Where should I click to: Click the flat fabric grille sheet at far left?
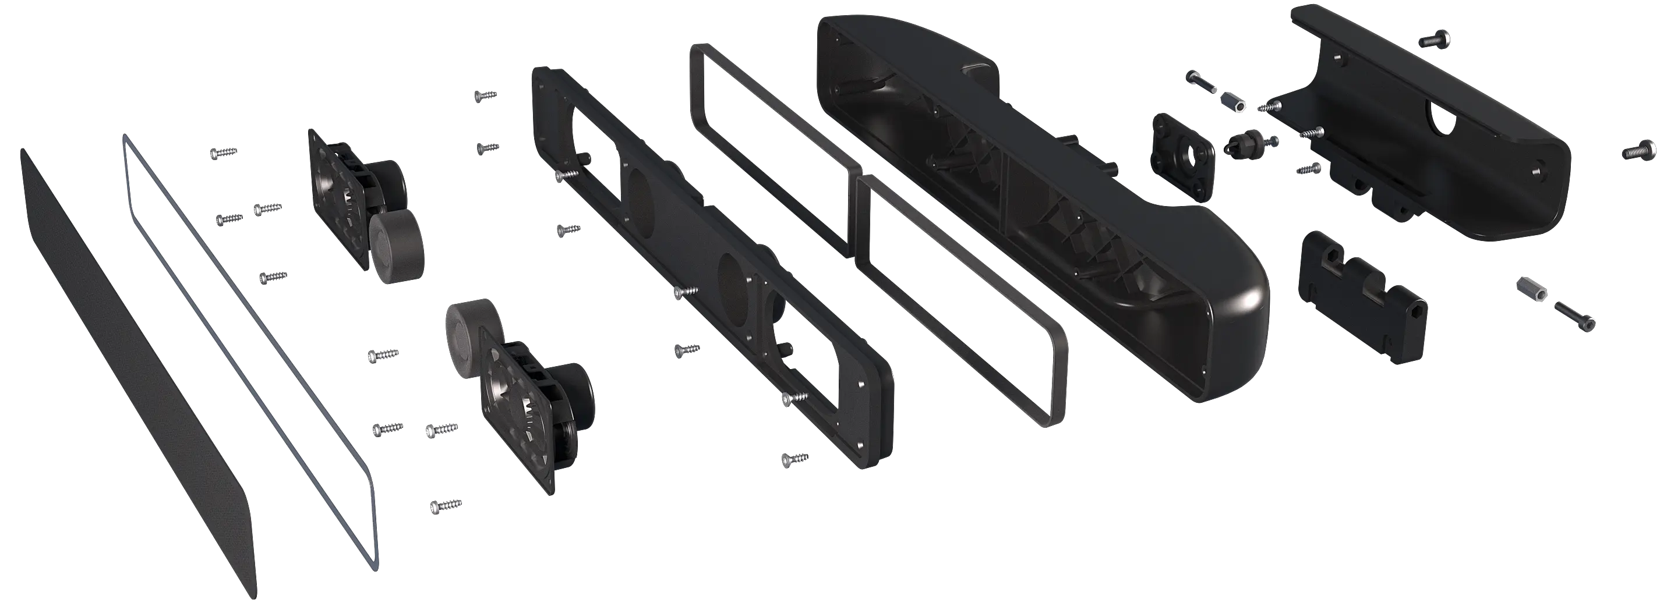[x=135, y=380]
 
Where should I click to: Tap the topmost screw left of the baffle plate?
[x=486, y=95]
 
